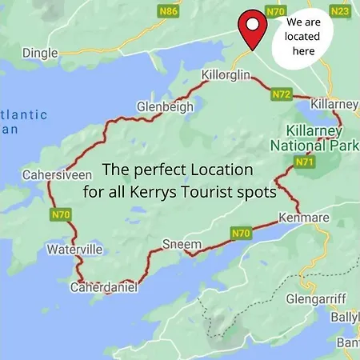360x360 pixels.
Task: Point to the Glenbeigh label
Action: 164,106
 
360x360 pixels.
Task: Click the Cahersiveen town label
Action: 53,174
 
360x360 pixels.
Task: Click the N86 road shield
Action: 169,11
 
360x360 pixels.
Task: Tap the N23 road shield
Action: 339,11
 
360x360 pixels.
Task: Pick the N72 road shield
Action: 281,94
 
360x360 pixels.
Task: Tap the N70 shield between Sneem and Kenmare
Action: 242,233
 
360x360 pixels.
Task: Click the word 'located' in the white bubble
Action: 303,37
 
